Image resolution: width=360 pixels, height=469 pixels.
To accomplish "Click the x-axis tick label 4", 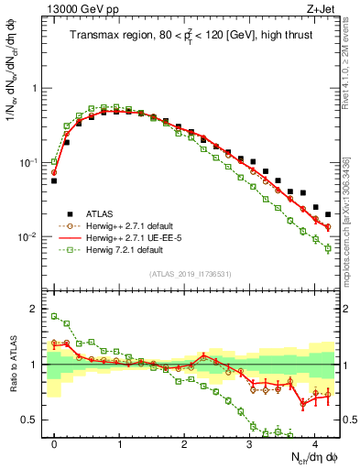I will pyautogui.click(x=314, y=442).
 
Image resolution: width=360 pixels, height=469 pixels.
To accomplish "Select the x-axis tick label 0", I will pyautogui.click(x=55, y=442).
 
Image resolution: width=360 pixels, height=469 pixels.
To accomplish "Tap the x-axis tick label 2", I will pyautogui.click(x=184, y=442).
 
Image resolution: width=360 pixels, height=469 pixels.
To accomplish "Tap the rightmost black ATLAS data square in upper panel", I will pyautogui.click(x=328, y=214).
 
